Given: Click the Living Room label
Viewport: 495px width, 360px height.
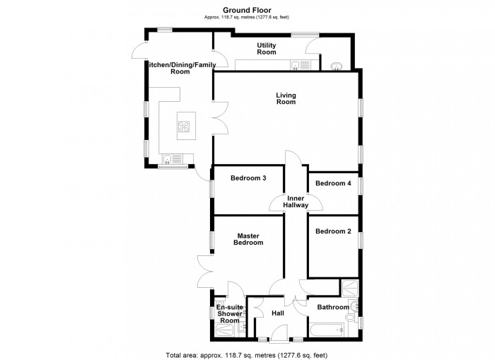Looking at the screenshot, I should click(286, 98).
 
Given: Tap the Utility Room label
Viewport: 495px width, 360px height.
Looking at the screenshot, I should click(266, 49).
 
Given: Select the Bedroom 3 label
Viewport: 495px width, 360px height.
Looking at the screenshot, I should click(248, 178).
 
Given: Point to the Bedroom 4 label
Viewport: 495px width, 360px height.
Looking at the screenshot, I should click(333, 183).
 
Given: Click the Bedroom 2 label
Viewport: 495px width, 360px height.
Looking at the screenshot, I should click(333, 231).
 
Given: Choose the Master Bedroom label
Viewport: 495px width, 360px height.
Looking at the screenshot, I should click(250, 239).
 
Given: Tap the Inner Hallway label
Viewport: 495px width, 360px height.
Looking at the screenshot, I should click(296, 202).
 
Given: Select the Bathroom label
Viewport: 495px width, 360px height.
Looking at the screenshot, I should click(332, 307).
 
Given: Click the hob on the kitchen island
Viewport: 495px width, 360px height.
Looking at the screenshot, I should click(184, 127).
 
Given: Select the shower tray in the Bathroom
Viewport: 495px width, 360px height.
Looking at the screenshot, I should click(349, 288).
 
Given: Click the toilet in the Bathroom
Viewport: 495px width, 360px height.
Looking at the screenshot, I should click(350, 321).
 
